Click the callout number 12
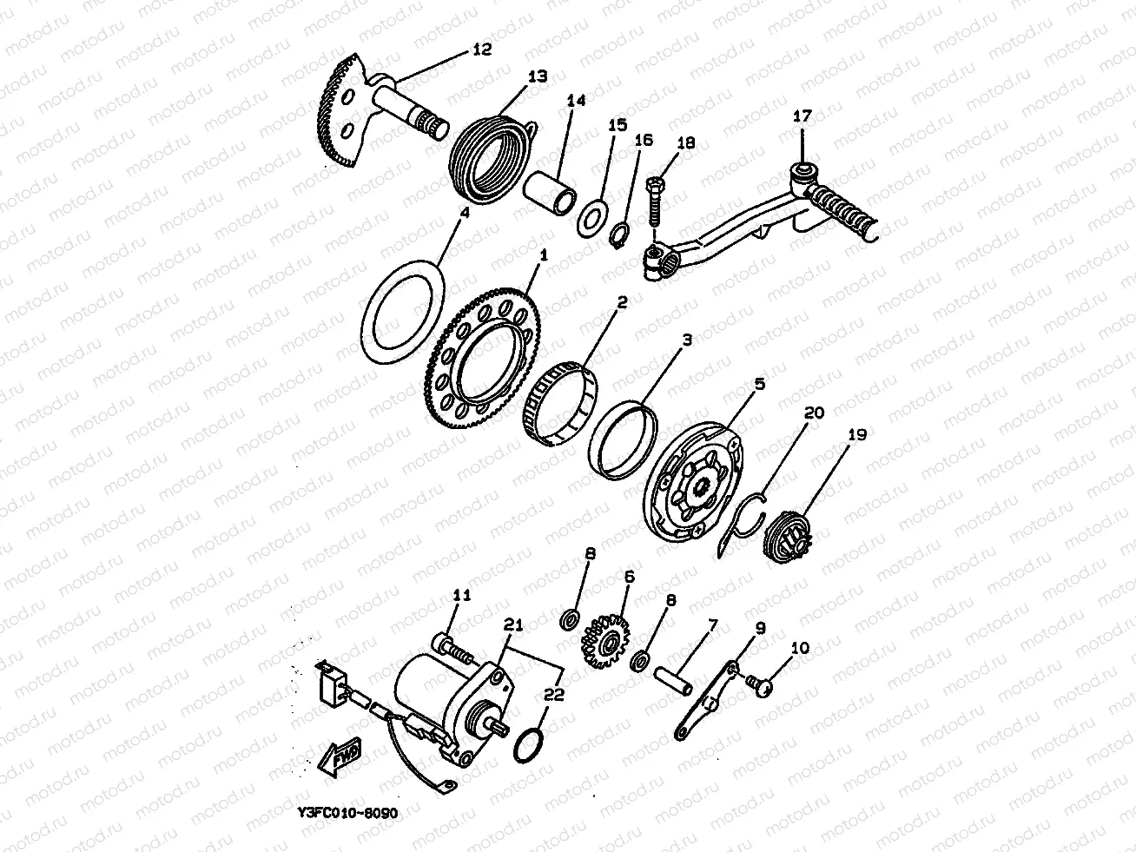[x=482, y=50]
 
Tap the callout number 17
[x=802, y=116]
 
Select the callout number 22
[x=553, y=694]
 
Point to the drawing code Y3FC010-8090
[x=347, y=813]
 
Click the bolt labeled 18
[x=654, y=201]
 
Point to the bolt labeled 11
[x=452, y=650]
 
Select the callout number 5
[x=759, y=384]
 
